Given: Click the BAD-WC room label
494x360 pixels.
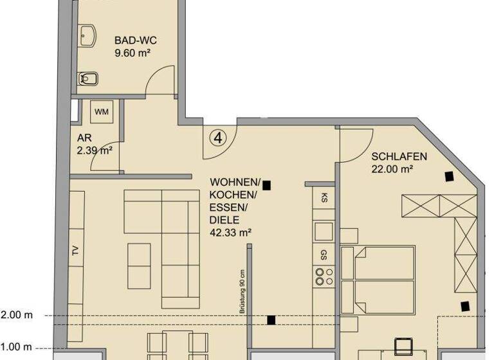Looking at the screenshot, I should [x=136, y=40].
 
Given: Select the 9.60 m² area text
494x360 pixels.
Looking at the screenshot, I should [x=136, y=53].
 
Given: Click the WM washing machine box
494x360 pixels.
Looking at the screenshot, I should [x=101, y=113].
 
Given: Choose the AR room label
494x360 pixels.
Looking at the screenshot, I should [x=83, y=138].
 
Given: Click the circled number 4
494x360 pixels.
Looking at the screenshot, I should [x=219, y=136].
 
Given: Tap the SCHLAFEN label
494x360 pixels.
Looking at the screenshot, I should [x=399, y=156].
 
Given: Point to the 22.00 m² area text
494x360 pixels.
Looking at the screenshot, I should [x=392, y=169].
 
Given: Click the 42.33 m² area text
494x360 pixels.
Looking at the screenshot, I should [x=230, y=233].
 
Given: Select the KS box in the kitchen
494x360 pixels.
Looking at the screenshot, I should [x=324, y=197].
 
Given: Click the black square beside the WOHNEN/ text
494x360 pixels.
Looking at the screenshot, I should [x=266, y=185].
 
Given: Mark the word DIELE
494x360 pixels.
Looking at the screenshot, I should [x=223, y=220].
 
